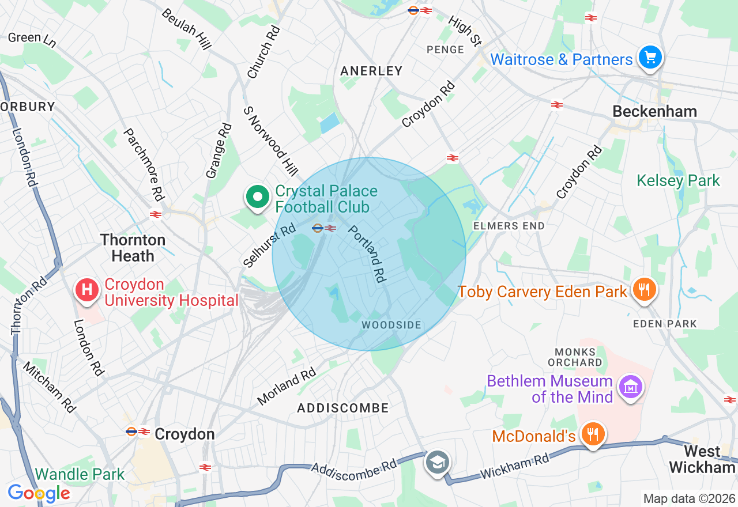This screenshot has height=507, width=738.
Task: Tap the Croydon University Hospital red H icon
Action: coord(87,289)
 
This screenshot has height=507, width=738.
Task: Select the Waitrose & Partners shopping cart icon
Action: coord(650,58)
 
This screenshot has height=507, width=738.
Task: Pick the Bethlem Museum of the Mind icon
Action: coord(630,387)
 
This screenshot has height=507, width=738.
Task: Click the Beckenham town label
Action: coord(654,111)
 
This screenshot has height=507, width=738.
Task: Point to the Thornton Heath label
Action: coord(133,248)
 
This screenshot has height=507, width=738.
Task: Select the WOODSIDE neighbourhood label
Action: coord(391,325)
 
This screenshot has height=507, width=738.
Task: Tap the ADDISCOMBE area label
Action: coord(343,408)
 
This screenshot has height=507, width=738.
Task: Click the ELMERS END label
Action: coord(509,226)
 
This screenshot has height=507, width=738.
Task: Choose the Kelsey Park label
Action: coord(678,180)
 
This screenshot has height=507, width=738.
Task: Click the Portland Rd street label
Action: coord(366,253)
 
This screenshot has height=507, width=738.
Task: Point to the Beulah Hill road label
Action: coord(186,29)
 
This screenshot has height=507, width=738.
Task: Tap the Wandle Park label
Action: coord(80,475)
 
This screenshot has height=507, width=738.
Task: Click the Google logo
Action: coord(39,493)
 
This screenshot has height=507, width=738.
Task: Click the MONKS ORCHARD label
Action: coord(578,357)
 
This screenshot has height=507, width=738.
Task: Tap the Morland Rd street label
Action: coord(287,385)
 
